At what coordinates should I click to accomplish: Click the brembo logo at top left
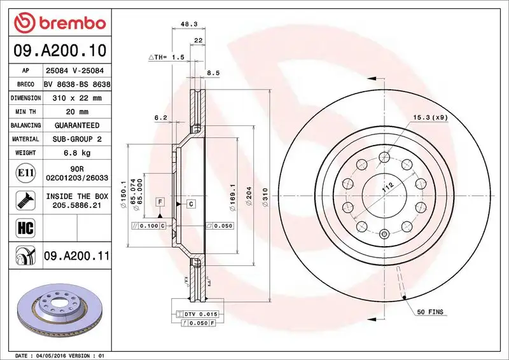coord(59,23)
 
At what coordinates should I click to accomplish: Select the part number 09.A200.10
coord(59,50)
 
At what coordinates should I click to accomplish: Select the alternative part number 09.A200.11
coord(76,256)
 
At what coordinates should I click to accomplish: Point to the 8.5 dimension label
coord(213,74)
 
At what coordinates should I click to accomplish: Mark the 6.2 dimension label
coord(160,117)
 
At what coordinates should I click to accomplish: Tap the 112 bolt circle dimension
coord(385,188)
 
